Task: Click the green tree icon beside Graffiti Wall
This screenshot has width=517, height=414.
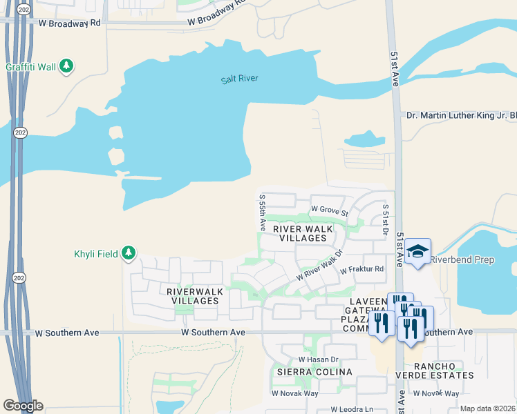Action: (x=66, y=66)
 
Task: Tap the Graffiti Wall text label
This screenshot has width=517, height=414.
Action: (x=30, y=67)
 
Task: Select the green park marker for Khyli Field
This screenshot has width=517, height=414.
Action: (x=129, y=253)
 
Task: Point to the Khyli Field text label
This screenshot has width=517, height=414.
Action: (x=96, y=254)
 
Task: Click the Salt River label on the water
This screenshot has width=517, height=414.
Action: (x=240, y=79)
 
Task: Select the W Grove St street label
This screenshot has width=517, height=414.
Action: (x=329, y=208)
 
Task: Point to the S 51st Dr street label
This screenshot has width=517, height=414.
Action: (x=386, y=219)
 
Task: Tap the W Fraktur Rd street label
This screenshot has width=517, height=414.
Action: (x=361, y=270)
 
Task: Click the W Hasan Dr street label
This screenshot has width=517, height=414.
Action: (x=318, y=359)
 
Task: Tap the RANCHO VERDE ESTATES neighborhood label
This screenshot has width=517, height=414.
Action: (x=443, y=370)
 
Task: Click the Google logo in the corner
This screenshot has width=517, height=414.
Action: (x=23, y=405)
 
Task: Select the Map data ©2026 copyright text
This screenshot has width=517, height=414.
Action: (x=487, y=408)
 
